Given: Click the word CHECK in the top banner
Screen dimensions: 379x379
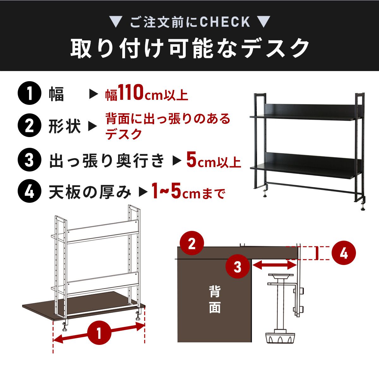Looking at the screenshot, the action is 225,22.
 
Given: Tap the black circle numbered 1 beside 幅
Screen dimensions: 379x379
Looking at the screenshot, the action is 29,93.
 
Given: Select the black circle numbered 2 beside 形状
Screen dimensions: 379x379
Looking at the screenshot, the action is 29,125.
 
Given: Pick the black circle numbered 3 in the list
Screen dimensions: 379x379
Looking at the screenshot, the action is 29,159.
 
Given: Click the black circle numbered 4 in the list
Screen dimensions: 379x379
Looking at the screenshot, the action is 29,191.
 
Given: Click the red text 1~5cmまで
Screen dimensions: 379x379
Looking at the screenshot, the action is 188,191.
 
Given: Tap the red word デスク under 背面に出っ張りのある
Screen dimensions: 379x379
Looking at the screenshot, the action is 123,134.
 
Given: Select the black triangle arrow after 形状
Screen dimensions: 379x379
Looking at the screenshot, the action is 93,126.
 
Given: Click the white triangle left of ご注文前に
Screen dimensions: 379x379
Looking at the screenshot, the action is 116,22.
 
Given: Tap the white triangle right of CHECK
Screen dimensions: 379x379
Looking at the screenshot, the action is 263,22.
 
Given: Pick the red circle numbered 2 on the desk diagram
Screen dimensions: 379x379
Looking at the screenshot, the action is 192,243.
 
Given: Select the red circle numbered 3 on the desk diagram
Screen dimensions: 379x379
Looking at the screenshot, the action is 238,267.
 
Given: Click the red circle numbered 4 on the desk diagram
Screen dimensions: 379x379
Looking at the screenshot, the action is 344,253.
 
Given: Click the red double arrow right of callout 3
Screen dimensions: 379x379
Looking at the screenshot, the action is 274,265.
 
